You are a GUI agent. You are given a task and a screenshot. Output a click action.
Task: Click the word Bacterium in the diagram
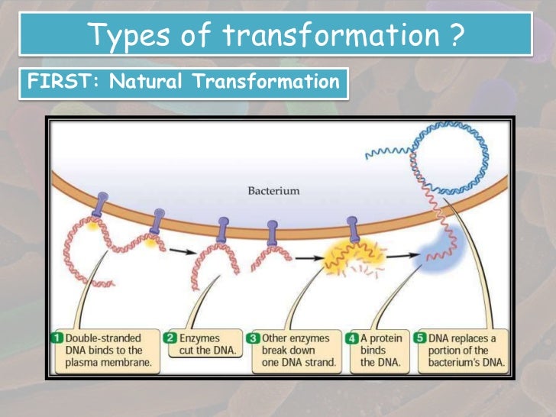273,190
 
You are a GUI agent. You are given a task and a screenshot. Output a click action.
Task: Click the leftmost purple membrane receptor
102,205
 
